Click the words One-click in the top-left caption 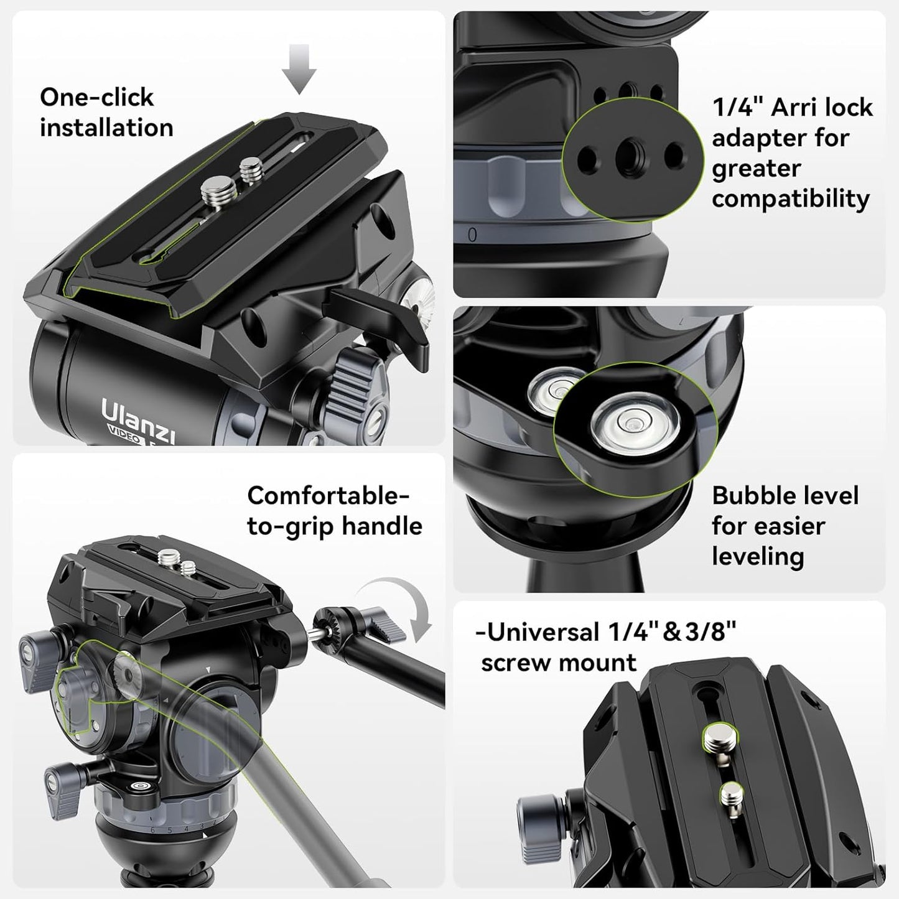point(96,97)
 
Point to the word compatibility point(790,199)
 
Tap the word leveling point(758,556)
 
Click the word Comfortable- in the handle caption point(328,496)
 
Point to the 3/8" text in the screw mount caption point(710,632)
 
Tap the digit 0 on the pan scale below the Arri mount point(472,235)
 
